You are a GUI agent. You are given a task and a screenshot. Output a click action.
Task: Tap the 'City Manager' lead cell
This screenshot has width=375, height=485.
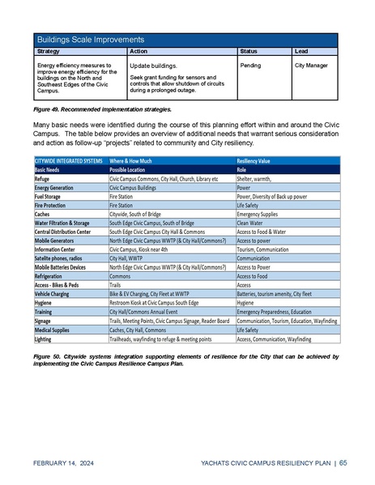311,62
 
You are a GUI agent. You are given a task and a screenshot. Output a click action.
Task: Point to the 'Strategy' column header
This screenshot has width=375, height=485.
49,51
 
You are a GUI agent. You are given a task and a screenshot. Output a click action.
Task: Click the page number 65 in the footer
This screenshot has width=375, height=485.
343,462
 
